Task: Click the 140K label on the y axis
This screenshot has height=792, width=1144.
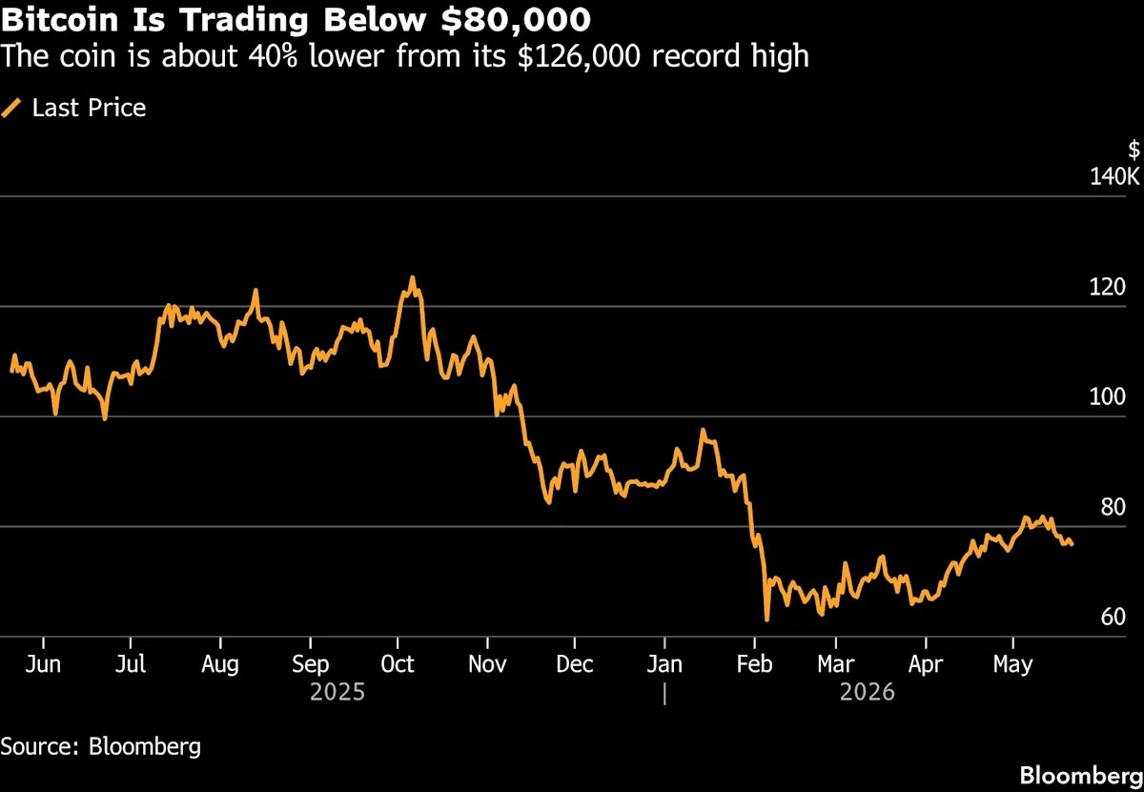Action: click(x=1114, y=176)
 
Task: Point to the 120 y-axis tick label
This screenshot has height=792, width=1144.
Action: click(x=1107, y=287)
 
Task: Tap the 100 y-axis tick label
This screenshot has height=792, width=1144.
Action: click(x=1107, y=396)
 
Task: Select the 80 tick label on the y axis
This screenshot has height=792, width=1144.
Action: click(x=1113, y=507)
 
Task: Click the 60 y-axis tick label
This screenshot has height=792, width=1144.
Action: click(x=1113, y=617)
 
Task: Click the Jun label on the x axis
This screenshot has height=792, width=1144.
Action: click(x=43, y=664)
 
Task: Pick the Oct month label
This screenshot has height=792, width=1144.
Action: click(x=398, y=664)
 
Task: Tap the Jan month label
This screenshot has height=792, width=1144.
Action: click(x=664, y=664)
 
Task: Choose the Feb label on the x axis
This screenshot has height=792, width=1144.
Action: click(x=754, y=664)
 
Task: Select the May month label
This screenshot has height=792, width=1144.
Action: click(x=1013, y=665)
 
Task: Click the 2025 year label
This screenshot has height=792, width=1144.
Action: click(x=337, y=693)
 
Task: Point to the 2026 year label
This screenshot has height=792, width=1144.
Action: click(x=868, y=693)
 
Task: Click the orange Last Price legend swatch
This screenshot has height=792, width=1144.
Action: click(x=11, y=109)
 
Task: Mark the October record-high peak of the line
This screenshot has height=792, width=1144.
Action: click(x=412, y=277)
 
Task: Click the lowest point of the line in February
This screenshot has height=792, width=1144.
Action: click(x=766, y=619)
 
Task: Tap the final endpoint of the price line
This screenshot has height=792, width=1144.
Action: click(x=1072, y=545)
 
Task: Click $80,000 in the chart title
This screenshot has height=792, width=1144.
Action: click(x=516, y=20)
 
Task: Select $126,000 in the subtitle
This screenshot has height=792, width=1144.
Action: click(x=580, y=56)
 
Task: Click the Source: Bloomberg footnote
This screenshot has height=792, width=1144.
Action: click(x=101, y=746)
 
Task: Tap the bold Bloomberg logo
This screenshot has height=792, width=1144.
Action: click(x=1082, y=776)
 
